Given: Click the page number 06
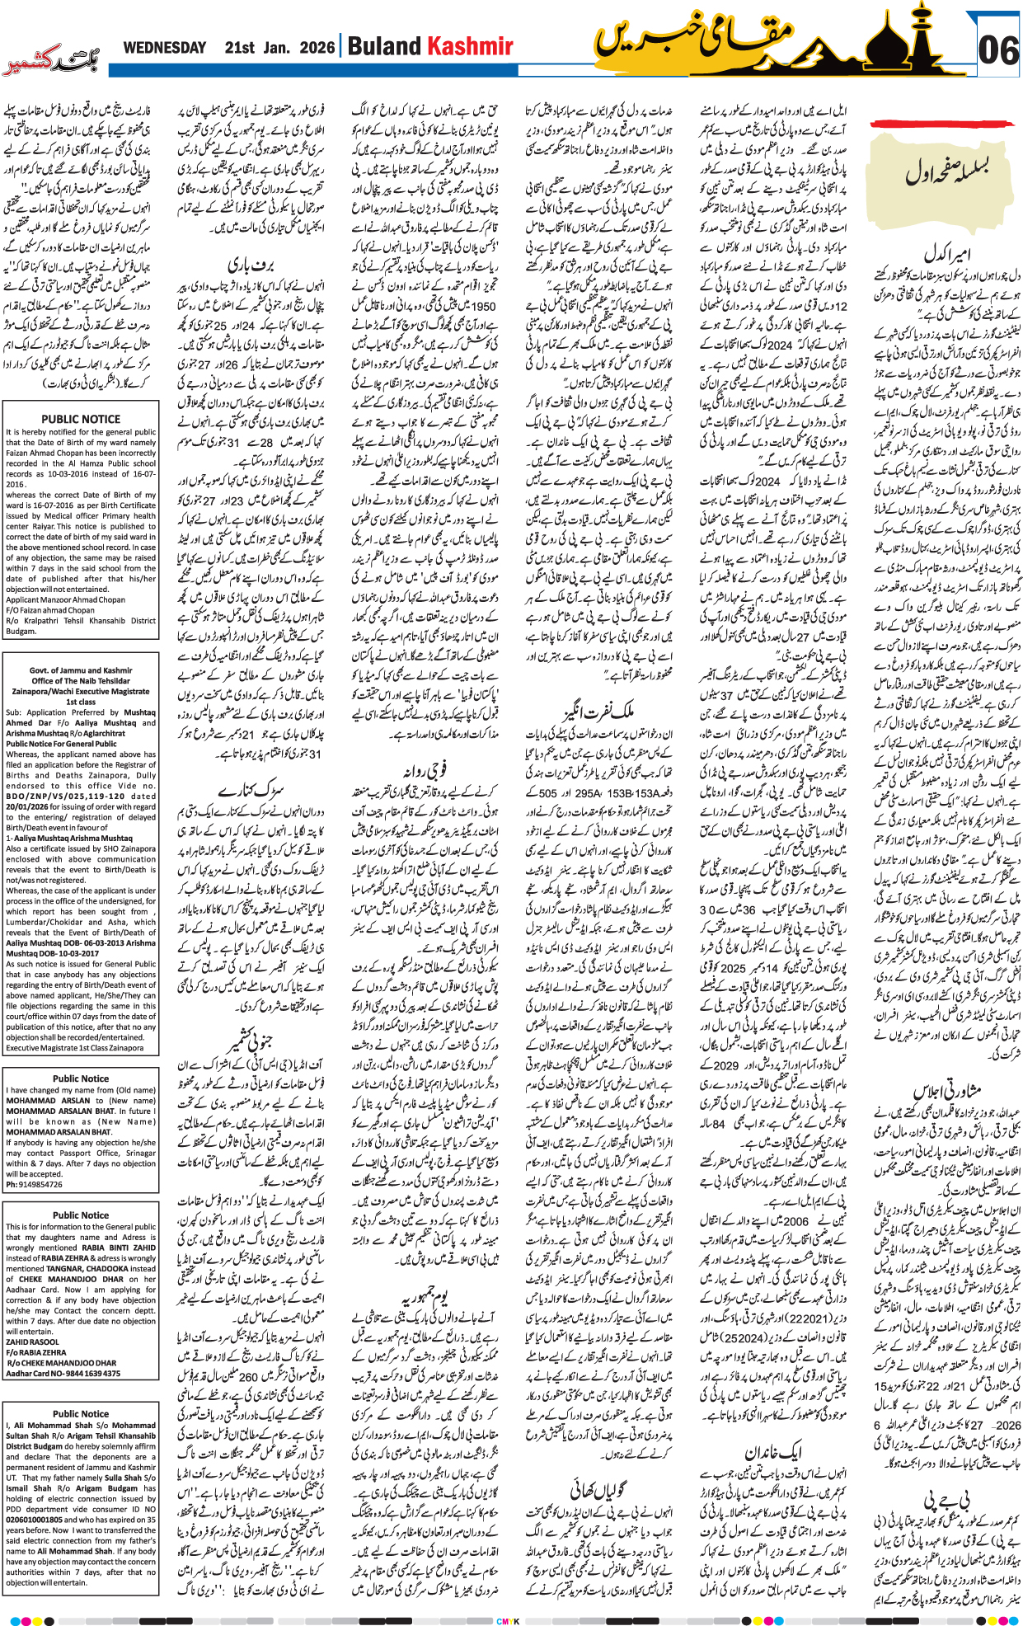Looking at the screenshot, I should click(x=997, y=51).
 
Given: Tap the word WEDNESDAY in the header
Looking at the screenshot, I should click(x=165, y=48).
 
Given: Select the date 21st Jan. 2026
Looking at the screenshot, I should click(x=279, y=48).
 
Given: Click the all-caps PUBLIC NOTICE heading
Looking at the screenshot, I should click(x=81, y=419).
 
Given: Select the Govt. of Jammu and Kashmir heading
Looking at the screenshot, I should click(x=81, y=670).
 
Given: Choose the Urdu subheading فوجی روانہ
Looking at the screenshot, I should click(x=425, y=770).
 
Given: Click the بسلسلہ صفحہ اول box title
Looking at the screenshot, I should click(x=946, y=172).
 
